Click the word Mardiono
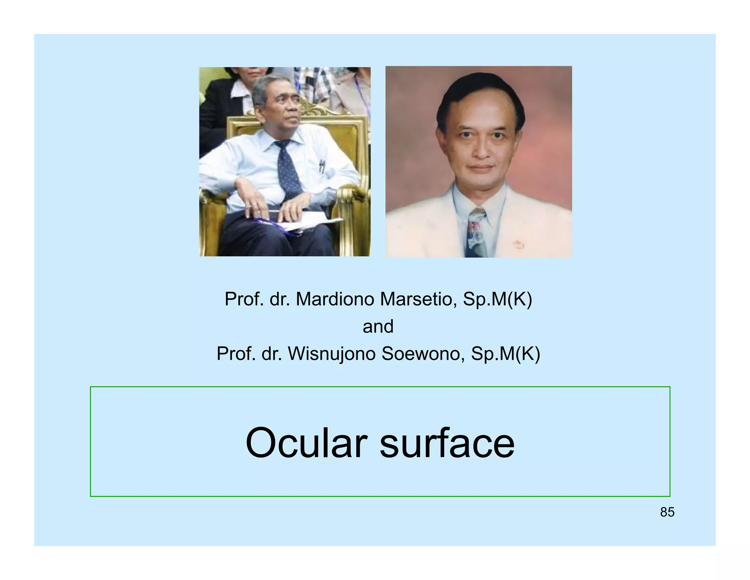(x=335, y=299)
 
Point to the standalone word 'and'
(x=378, y=326)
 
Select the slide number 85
(x=667, y=512)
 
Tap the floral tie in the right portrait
(x=476, y=231)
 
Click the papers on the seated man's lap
(x=311, y=222)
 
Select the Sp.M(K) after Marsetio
(x=497, y=299)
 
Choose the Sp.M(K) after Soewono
(x=505, y=354)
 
